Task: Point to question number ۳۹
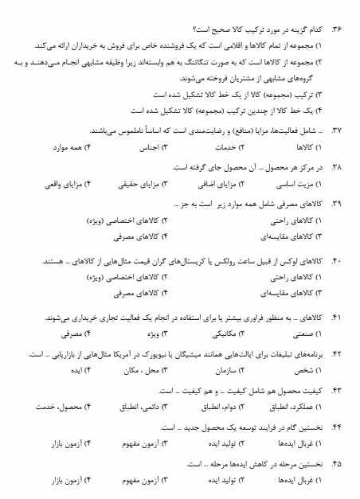(x=337, y=205)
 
